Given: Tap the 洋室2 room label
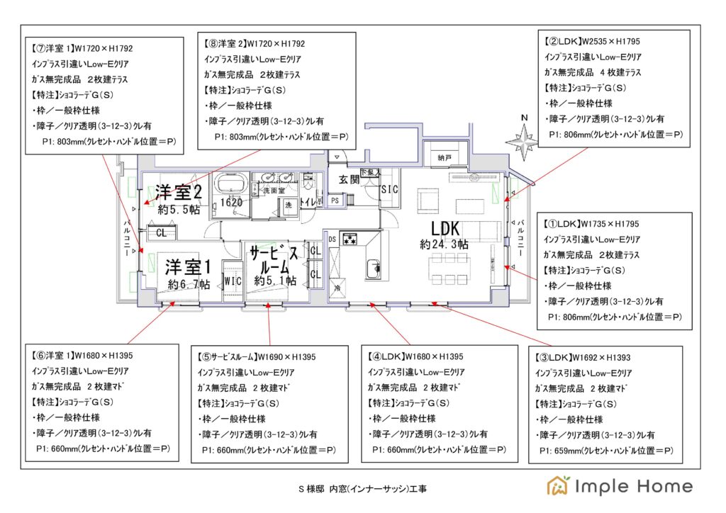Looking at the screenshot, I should click(x=179, y=192).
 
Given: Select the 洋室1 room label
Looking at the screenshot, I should click(x=189, y=267).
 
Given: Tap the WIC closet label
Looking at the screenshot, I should click(x=233, y=281).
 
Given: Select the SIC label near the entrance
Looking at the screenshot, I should click(x=389, y=190).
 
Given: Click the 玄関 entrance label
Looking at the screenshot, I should click(x=350, y=179).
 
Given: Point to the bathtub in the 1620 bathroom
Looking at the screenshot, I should click(x=230, y=184).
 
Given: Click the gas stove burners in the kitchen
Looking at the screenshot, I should click(x=349, y=239).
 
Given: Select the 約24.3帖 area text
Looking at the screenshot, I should click(x=444, y=244).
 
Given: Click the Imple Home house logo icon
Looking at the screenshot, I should click(x=557, y=485).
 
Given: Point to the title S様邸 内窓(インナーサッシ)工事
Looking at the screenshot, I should click(x=362, y=489).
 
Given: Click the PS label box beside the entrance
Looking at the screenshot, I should click(x=335, y=201).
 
